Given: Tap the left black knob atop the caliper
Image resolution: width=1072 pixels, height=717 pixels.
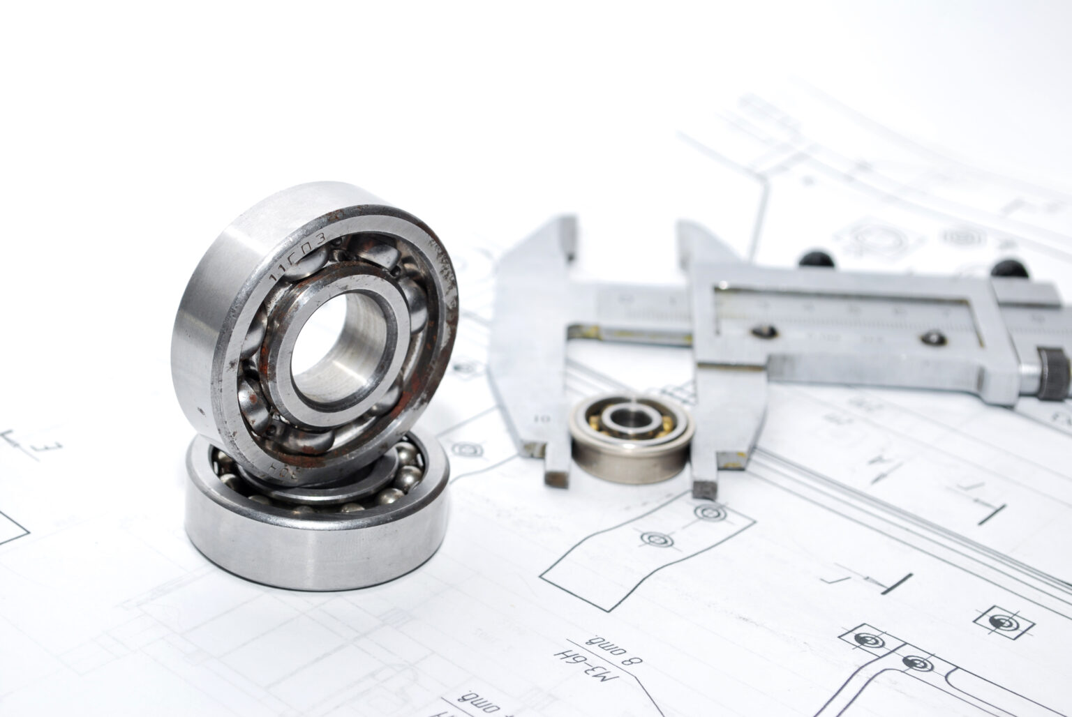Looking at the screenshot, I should tap(816, 257).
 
